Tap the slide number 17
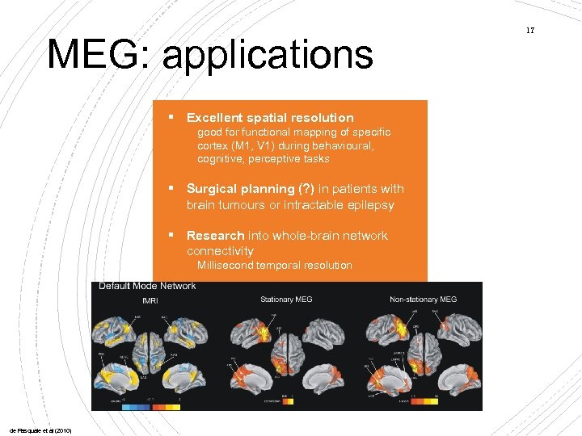530,31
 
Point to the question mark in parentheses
303,189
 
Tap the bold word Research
215,236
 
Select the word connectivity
220,251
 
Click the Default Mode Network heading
147,286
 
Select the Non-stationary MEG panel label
423,300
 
